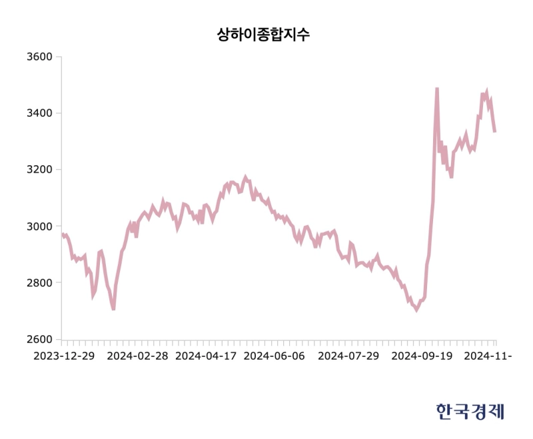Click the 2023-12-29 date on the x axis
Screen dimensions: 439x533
(64, 356)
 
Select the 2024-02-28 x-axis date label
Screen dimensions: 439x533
(138, 356)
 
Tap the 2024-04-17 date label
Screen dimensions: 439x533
(207, 356)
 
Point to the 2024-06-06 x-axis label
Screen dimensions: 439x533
(274, 356)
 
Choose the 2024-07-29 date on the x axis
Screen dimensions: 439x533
(348, 356)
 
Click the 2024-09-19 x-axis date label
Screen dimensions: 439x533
(421, 356)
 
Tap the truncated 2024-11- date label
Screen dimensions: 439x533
(488, 356)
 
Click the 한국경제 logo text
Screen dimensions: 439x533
(470, 411)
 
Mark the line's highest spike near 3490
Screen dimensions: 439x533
(437, 89)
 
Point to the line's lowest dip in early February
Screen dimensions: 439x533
(113, 309)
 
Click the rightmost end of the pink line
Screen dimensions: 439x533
(494, 132)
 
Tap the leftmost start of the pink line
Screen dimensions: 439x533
(62, 233)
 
